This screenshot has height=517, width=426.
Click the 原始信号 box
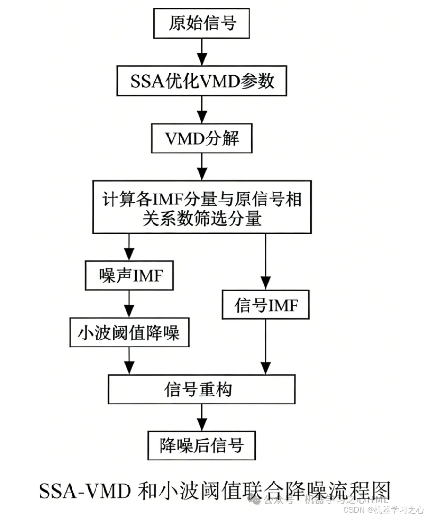pyautogui.click(x=201, y=24)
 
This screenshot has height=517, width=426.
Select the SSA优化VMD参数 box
pyautogui.click(x=201, y=81)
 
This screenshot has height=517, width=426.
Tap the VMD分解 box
pyautogui.click(x=201, y=139)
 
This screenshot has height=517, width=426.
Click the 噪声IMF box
pyautogui.click(x=129, y=275)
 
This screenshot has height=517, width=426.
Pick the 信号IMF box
pyautogui.click(x=266, y=306)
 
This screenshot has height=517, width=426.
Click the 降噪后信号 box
pyautogui.click(x=201, y=445)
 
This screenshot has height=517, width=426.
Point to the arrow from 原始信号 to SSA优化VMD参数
pyautogui.click(x=201, y=52)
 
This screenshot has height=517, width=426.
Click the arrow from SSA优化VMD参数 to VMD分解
pyautogui.click(x=201, y=110)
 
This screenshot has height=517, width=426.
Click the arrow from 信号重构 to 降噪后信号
pyautogui.click(x=201, y=417)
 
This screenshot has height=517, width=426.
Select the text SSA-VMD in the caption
pyautogui.click(x=84, y=490)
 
